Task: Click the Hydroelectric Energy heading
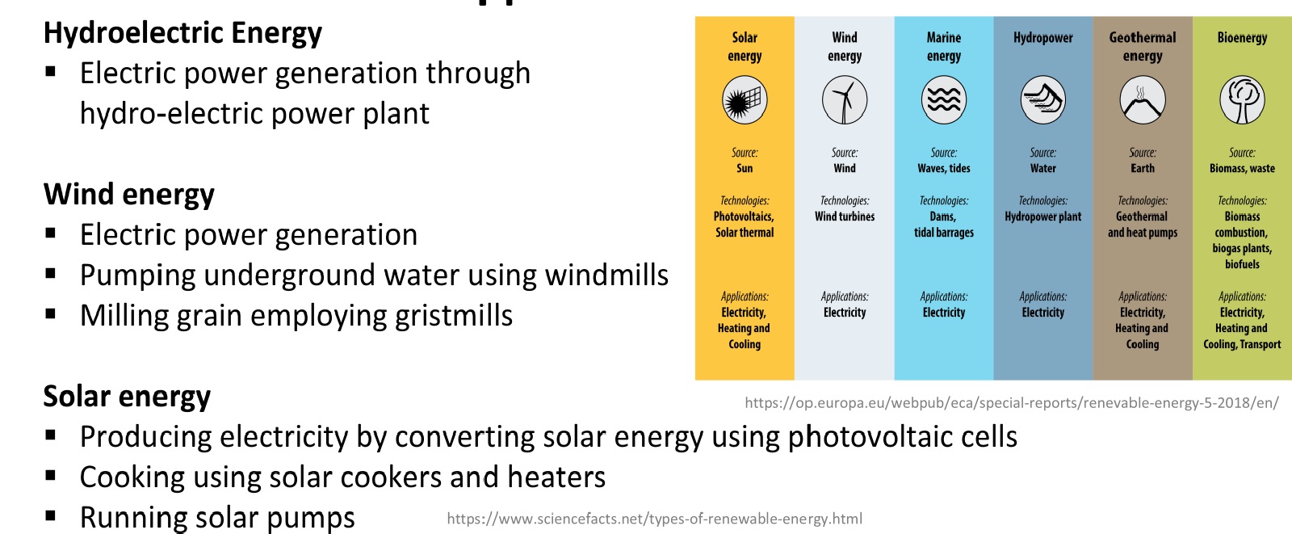coord(182,33)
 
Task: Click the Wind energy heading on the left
coord(128,194)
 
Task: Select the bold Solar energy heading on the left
coord(127,397)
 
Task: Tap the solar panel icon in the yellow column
coord(745,100)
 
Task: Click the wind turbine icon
coord(845,100)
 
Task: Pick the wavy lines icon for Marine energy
coord(944,100)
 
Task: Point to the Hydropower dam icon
coord(1042,100)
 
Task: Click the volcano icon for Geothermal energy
coord(1142,100)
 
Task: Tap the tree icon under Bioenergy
coord(1242,100)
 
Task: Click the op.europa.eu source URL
coord(1012,403)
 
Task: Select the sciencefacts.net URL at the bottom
coord(655,519)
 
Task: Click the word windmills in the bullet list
coord(606,275)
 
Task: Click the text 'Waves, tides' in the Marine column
coord(944,169)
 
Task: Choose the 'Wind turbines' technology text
coord(845,217)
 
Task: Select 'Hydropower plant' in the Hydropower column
coord(1042,217)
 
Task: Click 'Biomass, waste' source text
coord(1242,169)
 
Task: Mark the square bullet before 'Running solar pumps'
coord(50,515)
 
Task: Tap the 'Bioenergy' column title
coord(1242,38)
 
